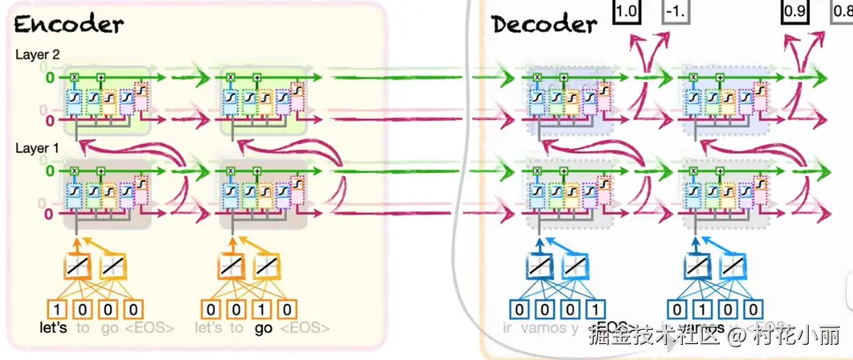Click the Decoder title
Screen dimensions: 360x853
click(544, 23)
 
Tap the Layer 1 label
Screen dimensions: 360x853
click(34, 148)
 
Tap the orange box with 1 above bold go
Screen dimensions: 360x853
click(265, 310)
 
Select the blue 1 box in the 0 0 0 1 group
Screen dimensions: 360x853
click(597, 310)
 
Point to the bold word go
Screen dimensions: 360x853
click(262, 328)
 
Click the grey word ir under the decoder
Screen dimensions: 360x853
click(507, 328)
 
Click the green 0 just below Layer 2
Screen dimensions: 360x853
click(50, 78)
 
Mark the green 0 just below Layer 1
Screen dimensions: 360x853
click(50, 170)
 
